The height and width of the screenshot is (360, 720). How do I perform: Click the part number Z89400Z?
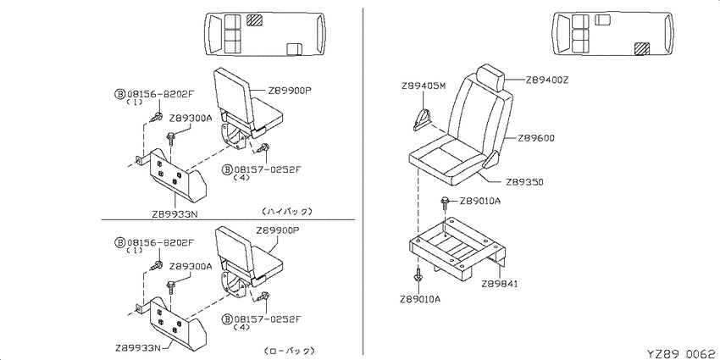[547, 80]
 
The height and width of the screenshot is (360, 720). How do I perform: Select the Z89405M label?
[423, 86]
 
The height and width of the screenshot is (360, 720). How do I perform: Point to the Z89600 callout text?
[536, 138]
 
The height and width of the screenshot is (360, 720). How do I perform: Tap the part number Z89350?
[524, 182]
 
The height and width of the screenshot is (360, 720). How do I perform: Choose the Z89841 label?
[500, 284]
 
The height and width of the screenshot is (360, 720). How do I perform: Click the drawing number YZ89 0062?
[683, 353]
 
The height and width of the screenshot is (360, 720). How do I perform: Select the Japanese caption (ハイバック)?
[287, 211]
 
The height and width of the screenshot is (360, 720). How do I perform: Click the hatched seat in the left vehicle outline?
[254, 19]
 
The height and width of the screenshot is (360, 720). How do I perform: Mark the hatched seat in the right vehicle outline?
[641, 48]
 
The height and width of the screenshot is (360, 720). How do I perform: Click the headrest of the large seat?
[490, 78]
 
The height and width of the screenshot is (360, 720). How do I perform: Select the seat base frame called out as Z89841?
[457, 248]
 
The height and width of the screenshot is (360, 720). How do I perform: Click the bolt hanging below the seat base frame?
[418, 275]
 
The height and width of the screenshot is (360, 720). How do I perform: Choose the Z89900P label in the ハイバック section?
[291, 90]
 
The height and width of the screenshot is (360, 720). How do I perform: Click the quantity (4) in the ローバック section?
[241, 328]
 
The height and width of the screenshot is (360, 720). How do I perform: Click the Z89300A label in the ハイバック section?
[191, 118]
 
